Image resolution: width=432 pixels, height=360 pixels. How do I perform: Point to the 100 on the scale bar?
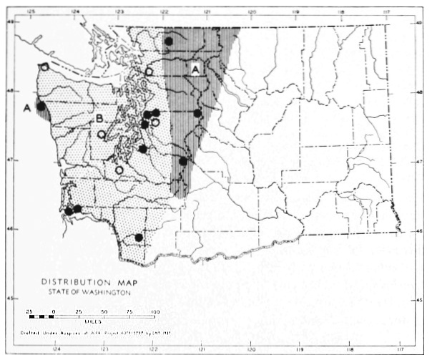click(154, 312)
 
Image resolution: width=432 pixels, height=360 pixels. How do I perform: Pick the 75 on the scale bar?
click(129, 312)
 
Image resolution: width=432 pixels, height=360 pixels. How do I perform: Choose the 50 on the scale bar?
click(104, 312)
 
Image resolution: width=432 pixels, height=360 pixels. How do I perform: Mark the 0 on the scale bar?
click(54, 312)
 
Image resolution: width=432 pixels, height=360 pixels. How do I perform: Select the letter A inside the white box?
click(195, 69)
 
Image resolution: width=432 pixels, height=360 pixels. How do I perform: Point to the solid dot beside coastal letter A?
click(41, 106)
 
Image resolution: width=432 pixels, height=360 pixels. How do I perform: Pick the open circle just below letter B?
click(102, 134)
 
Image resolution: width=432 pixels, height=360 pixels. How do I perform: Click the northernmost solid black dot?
click(169, 42)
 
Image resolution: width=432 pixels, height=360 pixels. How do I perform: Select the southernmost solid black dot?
click(139, 238)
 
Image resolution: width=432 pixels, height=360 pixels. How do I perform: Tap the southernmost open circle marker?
click(119, 170)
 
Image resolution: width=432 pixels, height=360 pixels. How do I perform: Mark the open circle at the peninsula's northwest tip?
click(44, 67)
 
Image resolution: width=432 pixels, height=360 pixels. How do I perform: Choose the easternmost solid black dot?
click(198, 113)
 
